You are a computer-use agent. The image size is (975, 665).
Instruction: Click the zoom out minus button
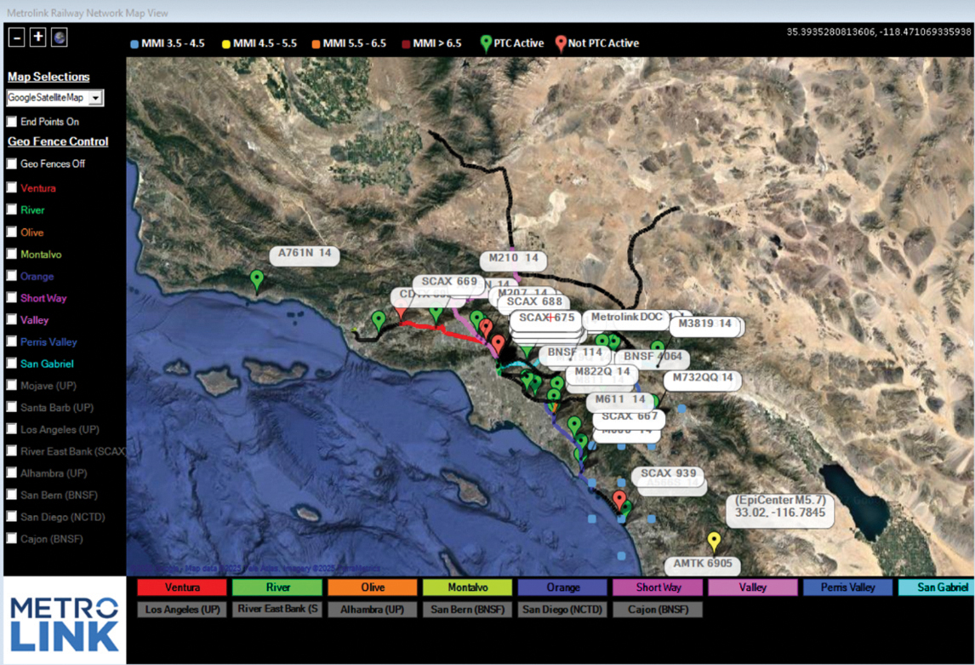click(16, 37)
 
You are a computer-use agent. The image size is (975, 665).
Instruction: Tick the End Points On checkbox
click(12, 122)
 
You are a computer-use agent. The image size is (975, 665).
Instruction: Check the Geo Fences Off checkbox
click(12, 163)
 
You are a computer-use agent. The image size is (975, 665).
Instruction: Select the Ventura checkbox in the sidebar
click(12, 187)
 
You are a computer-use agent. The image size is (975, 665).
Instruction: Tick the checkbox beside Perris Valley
click(12, 341)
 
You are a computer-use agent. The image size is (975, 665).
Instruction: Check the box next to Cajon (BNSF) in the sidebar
click(12, 538)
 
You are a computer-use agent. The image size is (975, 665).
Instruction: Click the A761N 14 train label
click(305, 254)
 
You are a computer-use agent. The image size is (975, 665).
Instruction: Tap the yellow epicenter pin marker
click(715, 541)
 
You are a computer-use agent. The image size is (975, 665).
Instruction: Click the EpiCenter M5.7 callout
click(780, 507)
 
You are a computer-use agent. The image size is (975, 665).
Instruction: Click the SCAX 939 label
click(668, 473)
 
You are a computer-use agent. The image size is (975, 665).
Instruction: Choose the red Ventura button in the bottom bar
click(182, 588)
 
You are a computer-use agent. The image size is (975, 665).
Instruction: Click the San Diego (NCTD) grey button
click(562, 610)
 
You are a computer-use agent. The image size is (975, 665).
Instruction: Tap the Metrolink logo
click(65, 622)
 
